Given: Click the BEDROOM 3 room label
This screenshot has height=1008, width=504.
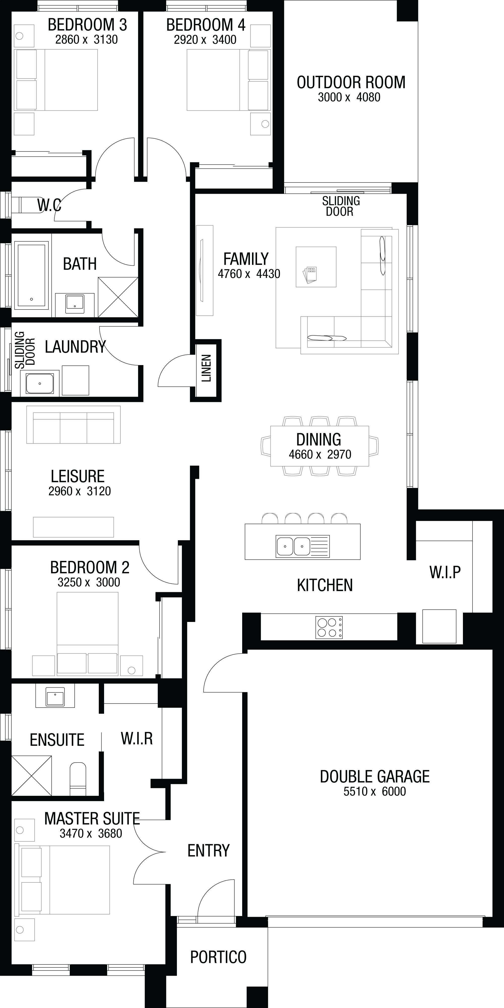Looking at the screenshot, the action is coord(87,25).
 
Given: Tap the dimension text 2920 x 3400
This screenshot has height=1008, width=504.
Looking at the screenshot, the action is coord(205,40).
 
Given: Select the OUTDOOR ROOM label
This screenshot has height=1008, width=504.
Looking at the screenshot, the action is coord(351,83).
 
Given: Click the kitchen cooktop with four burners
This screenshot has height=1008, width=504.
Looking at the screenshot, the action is coord(329,627).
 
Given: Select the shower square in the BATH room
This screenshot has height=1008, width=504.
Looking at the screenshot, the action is coord(118,297).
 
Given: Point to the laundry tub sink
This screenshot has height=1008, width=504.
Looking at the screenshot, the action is coord(40,384).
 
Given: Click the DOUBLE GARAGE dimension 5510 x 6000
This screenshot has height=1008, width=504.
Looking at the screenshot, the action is coord(374,791).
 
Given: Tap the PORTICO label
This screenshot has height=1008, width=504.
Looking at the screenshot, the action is coord(218,957).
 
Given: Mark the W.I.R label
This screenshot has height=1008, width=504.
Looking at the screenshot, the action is coord(137,738).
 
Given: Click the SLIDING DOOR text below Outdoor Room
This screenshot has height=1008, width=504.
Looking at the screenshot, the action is coord(341,206).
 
